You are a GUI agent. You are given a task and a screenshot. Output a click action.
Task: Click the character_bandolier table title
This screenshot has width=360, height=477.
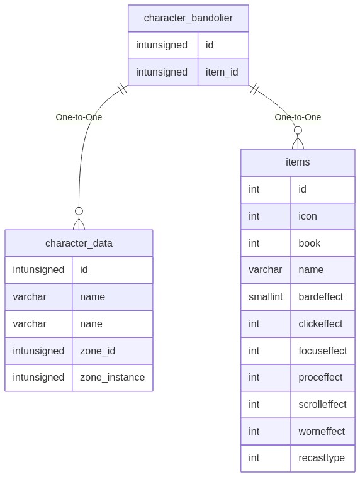(188, 18)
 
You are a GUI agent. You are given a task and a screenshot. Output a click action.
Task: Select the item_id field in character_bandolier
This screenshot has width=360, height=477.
(222, 72)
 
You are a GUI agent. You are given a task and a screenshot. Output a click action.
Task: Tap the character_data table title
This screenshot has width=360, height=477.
(79, 243)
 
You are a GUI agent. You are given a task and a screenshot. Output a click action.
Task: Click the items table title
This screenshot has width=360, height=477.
(298, 162)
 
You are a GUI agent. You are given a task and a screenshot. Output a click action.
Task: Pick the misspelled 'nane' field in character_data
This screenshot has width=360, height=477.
(91, 323)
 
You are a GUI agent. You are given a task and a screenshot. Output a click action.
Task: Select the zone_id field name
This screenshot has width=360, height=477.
(98, 351)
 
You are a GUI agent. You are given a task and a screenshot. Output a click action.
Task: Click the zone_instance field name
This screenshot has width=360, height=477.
(112, 377)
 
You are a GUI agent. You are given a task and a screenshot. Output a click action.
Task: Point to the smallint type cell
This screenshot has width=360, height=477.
(266, 296)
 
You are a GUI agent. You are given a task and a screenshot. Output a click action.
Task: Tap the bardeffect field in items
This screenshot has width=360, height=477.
(321, 296)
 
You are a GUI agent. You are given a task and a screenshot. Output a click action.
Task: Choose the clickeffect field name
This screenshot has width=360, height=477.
(320, 323)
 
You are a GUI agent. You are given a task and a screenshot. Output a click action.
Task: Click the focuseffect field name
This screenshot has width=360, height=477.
(323, 351)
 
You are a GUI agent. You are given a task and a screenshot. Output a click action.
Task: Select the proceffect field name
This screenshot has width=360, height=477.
(320, 377)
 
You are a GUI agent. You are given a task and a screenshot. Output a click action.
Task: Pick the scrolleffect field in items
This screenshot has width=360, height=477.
(322, 404)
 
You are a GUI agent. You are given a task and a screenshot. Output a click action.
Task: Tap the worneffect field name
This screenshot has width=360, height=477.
(322, 431)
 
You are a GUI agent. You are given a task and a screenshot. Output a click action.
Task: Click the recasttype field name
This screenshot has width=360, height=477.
(322, 458)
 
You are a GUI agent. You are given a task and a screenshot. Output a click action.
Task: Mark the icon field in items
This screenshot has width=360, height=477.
(308, 216)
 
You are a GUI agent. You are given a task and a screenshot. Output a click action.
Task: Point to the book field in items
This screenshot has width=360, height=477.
(310, 243)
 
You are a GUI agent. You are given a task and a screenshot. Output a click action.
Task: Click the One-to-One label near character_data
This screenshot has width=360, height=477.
(79, 117)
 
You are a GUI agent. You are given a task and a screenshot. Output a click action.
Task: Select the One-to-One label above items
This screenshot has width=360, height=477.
(298, 117)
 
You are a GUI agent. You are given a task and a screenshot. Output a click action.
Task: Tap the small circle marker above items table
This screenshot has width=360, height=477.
(298, 130)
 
